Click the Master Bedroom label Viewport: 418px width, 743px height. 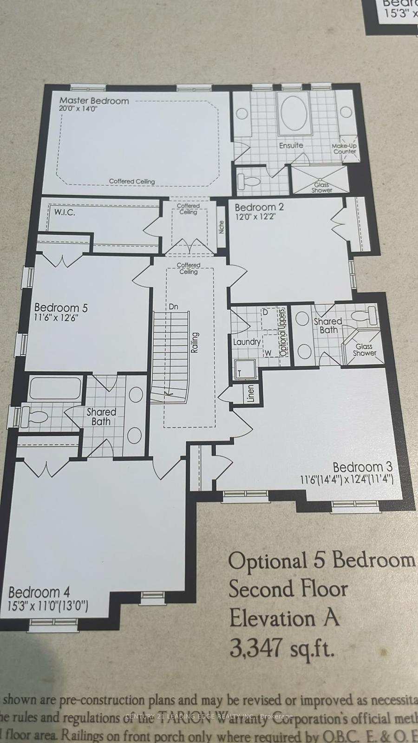[x=94, y=100]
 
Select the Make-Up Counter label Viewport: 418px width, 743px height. [x=344, y=149]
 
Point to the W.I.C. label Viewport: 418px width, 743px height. [x=65, y=213]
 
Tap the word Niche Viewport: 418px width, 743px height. [x=222, y=227]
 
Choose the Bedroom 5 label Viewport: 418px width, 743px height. [x=61, y=307]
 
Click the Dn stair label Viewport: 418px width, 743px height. [x=173, y=306]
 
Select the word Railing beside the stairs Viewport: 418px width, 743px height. [x=195, y=343]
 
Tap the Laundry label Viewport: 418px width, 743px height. [x=247, y=342]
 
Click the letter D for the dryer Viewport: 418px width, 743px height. [x=265, y=312]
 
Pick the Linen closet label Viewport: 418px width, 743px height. [x=251, y=394]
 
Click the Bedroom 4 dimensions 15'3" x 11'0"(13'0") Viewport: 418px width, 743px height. [x=48, y=606]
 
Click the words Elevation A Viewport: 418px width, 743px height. [x=284, y=618]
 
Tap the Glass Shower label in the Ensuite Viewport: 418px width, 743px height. [x=322, y=188]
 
